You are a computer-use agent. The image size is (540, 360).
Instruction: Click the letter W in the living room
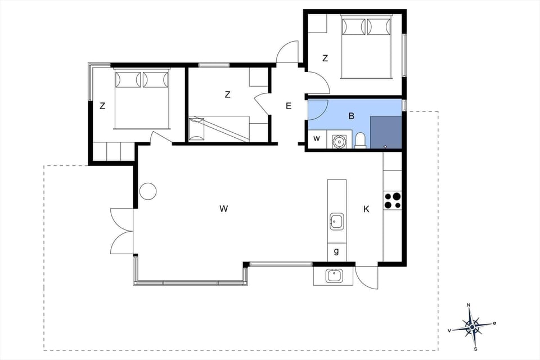click(x=223, y=209)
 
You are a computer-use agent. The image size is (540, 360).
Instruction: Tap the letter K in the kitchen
click(x=366, y=209)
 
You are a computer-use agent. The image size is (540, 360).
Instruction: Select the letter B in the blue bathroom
click(x=352, y=116)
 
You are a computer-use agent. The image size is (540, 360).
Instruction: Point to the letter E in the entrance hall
click(x=289, y=106)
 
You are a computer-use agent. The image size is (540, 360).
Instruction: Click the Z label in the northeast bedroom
click(x=325, y=58)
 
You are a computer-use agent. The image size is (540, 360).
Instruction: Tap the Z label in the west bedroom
click(x=102, y=106)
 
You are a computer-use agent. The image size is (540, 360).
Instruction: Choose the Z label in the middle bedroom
click(x=227, y=94)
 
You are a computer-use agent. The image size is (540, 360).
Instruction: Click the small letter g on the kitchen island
click(x=336, y=251)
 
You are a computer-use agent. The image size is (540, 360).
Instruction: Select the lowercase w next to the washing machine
click(x=317, y=138)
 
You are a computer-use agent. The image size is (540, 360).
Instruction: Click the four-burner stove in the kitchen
click(x=393, y=201)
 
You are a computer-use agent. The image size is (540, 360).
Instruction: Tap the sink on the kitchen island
click(x=336, y=222)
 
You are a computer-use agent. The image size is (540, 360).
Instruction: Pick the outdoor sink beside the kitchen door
click(x=334, y=276)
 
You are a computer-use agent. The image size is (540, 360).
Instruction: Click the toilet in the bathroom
click(x=361, y=140)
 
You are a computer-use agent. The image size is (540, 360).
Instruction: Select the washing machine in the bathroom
click(x=339, y=141)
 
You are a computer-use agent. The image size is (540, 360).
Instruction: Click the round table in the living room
click(x=148, y=191)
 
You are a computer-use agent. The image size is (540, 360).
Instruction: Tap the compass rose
click(x=471, y=325)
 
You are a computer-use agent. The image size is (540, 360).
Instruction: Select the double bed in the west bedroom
click(x=142, y=99)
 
